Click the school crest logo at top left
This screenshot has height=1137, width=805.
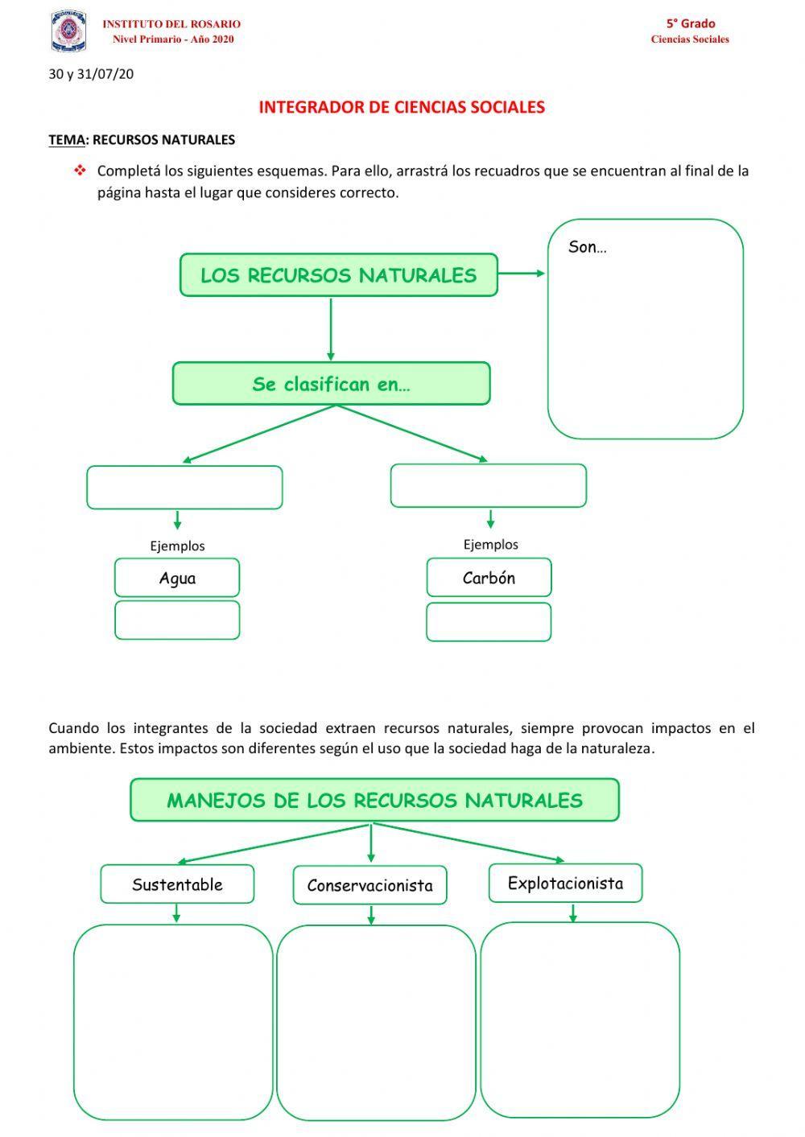click(68, 31)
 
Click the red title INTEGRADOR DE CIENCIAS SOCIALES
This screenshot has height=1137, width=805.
click(402, 107)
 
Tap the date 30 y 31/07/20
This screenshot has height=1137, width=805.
click(91, 74)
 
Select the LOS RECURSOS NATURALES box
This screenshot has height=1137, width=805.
click(338, 275)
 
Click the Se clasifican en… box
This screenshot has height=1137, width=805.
click(331, 384)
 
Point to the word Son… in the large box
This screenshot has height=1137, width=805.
click(587, 248)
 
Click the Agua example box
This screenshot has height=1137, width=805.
click(177, 578)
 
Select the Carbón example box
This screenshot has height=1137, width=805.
click(489, 578)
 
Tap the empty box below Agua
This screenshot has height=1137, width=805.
click(177, 620)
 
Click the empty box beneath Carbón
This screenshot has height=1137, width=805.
click(489, 622)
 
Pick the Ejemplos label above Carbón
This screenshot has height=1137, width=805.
click(490, 545)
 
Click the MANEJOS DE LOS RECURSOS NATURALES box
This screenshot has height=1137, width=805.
click(374, 800)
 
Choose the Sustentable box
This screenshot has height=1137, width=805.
click(177, 884)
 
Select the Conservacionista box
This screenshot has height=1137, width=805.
click(369, 885)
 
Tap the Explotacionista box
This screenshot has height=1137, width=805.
click(565, 884)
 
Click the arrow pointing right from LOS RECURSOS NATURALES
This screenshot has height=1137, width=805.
click(522, 274)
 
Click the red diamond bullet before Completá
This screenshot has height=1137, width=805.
click(80, 171)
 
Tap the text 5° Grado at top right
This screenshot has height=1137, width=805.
click(690, 23)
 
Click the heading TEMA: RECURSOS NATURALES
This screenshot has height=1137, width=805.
click(142, 140)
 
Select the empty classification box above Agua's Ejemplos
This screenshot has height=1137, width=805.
click(184, 488)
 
